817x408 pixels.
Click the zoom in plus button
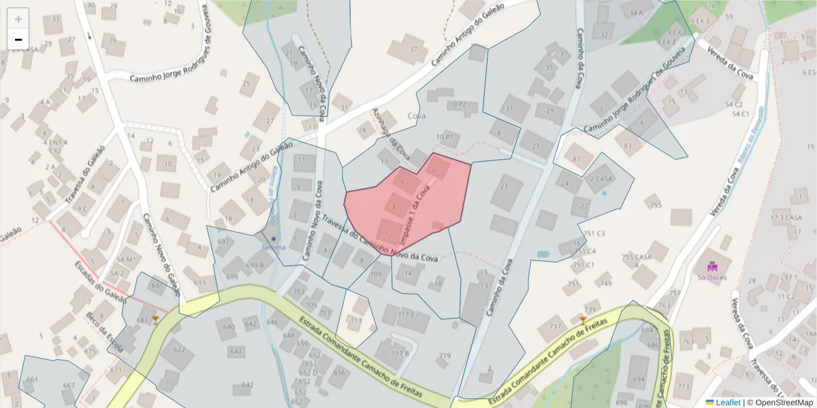click(18, 19)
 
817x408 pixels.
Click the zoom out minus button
click(18, 39)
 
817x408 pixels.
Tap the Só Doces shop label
click(712, 277)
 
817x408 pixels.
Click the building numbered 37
click(413, 49)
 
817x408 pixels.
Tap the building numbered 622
click(178, 350)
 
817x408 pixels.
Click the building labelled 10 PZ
click(457, 105)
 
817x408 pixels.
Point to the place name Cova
click(417, 116)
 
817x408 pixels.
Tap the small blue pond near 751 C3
click(543, 254)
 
